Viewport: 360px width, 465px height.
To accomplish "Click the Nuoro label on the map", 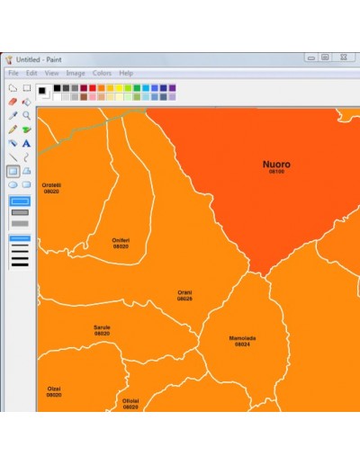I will [x=276, y=165].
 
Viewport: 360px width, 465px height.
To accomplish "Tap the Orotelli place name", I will [x=51, y=185].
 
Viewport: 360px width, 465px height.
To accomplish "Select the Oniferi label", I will [x=121, y=240].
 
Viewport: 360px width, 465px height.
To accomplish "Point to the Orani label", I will [x=184, y=292].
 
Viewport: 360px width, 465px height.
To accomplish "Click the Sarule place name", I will [x=102, y=327].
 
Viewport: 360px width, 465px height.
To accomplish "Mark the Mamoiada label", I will [x=242, y=338].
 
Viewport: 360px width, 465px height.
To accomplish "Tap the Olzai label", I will [x=54, y=389].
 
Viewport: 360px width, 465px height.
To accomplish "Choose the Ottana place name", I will [x=130, y=401].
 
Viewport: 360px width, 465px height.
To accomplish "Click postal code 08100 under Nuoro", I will [x=276, y=172].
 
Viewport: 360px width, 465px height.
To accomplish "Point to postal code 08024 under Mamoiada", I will [x=242, y=344].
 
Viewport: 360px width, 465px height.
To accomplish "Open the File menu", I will [x=13, y=73].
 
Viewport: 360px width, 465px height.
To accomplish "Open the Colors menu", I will [x=102, y=73].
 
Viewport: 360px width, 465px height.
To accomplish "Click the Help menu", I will [x=126, y=73].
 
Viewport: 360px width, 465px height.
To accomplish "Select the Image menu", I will [x=76, y=73].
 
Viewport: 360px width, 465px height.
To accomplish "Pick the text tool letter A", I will [x=27, y=142].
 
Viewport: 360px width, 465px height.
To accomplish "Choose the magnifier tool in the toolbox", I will [x=27, y=115].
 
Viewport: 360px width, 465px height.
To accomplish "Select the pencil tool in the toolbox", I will [x=13, y=129].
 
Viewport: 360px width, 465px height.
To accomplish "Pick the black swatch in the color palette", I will [x=56, y=88].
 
